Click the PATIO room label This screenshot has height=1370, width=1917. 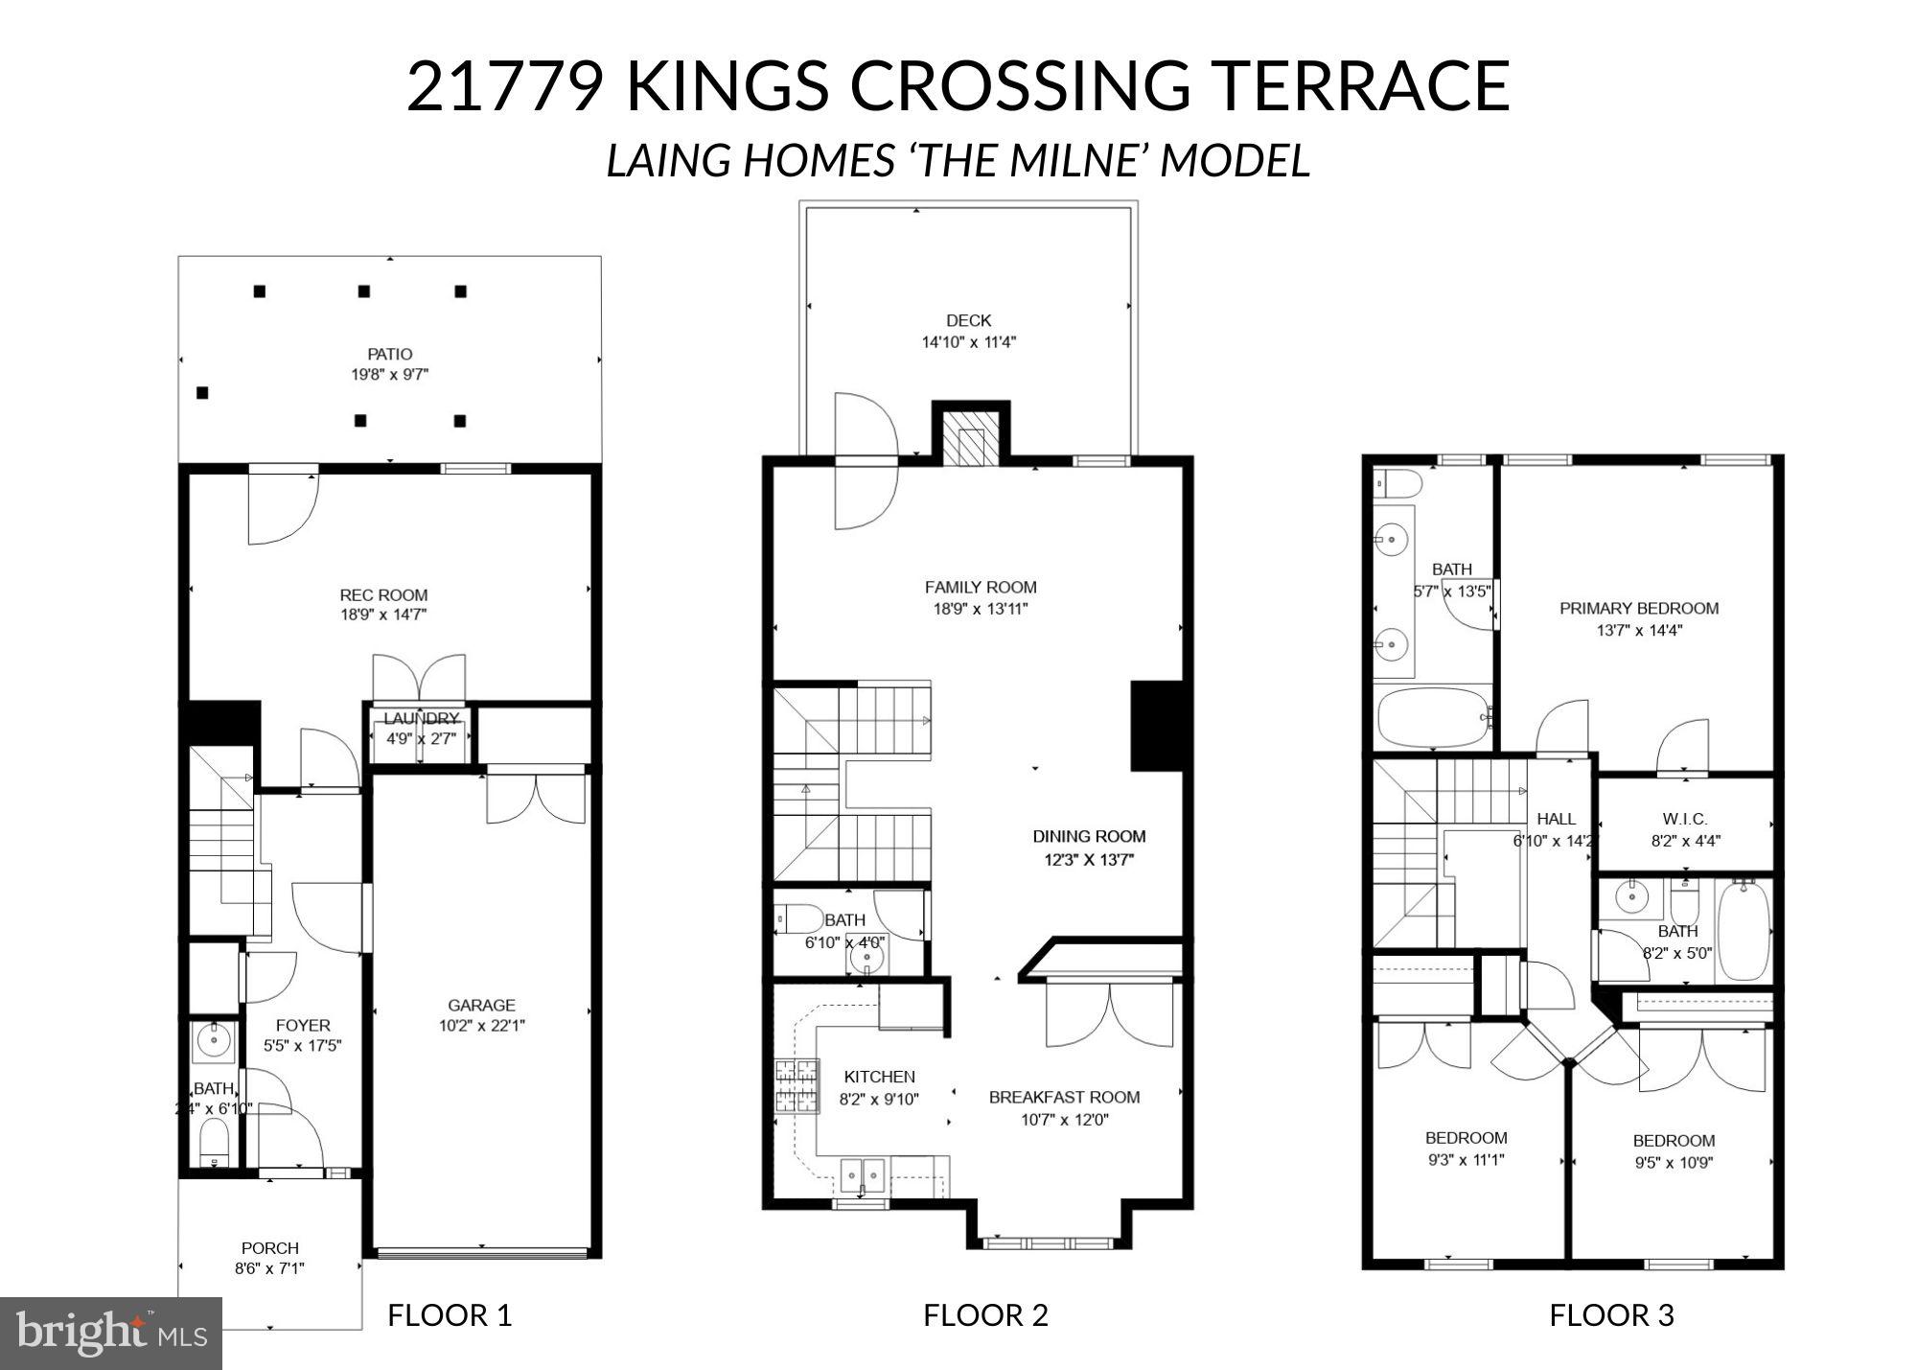pos(389,354)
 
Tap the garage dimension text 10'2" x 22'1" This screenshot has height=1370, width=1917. pos(481,1026)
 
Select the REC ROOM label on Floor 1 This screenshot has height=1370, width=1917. pos(383,594)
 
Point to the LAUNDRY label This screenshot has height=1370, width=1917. pos(421,719)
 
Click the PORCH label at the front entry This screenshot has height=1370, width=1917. pos(269,1248)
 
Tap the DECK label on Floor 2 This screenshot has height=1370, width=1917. pos(968,320)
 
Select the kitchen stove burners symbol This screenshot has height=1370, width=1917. pos(797,1086)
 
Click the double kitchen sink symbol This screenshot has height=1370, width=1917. pos(863,1174)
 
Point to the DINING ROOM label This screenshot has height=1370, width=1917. pos(1089,836)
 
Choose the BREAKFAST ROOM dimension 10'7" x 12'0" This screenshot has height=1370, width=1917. pos(1064,1120)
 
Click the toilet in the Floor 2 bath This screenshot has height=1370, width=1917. pos(799,919)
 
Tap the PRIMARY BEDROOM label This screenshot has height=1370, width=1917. pos(1639,608)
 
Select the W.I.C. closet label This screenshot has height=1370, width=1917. pos(1684,819)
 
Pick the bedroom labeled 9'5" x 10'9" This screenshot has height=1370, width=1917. pos(1674,1150)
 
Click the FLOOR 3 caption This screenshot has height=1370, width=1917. pos(1611,1314)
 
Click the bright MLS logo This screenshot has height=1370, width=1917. pos(111,1333)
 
